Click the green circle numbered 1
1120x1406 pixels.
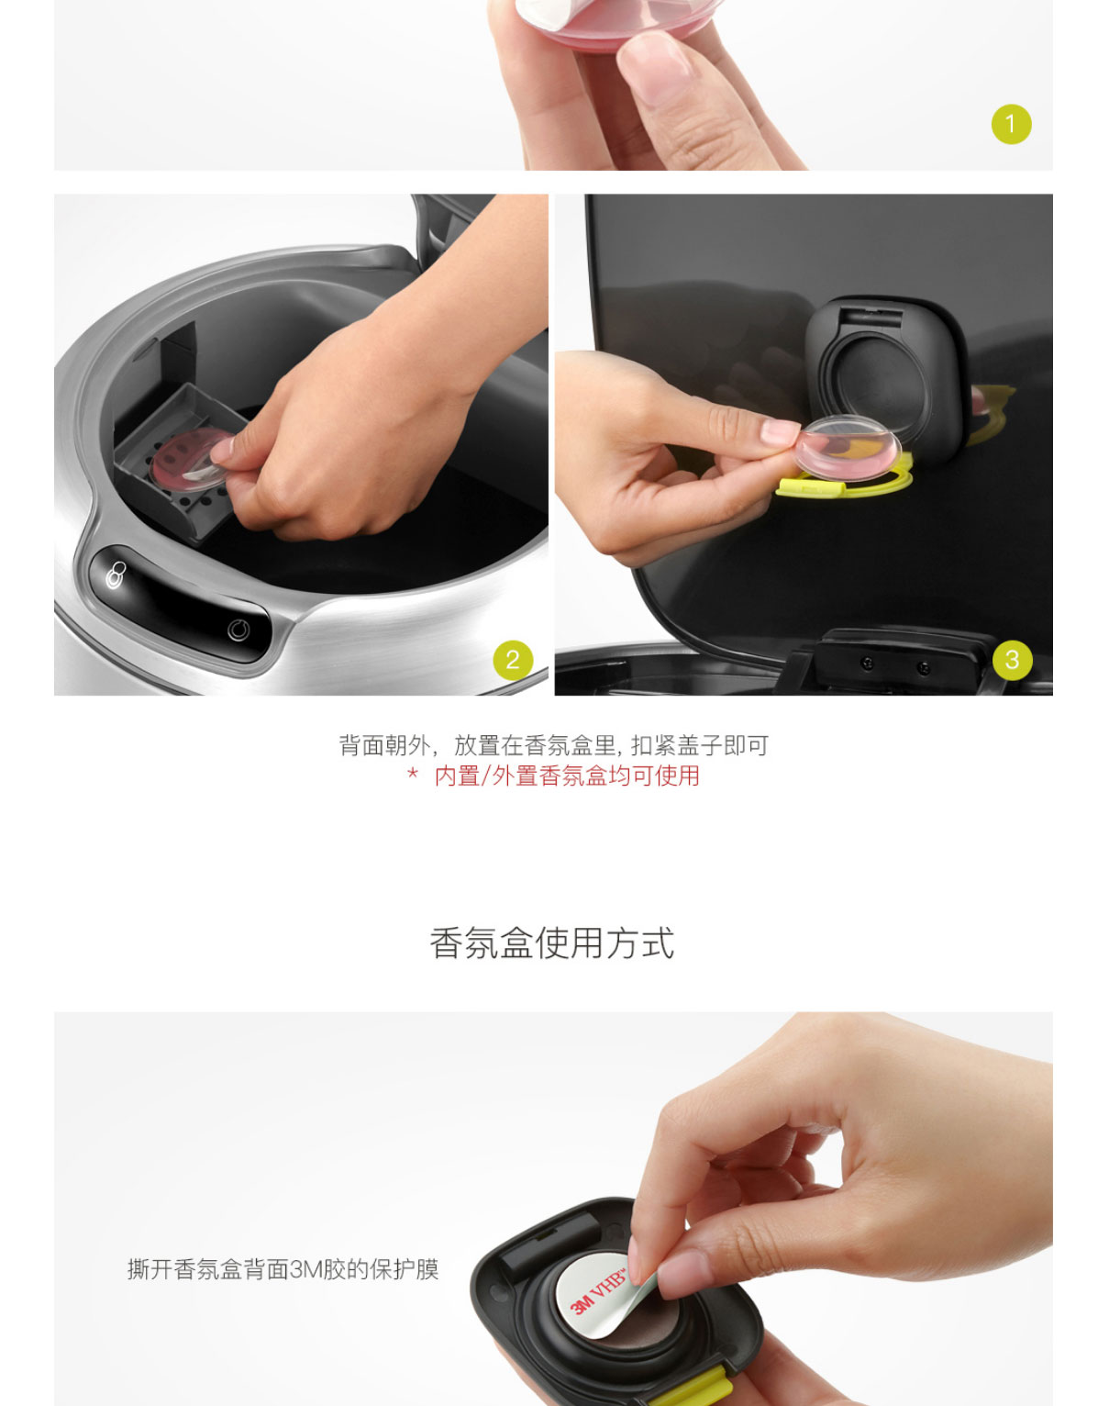[1011, 124]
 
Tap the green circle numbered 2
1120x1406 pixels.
[513, 660]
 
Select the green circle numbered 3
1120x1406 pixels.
[1013, 660]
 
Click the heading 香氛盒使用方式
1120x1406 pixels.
[552, 943]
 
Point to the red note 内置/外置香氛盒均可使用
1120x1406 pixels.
[567, 776]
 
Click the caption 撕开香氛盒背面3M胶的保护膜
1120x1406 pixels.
[283, 1269]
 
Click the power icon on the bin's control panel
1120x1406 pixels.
[238, 630]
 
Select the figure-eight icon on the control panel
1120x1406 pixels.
[116, 575]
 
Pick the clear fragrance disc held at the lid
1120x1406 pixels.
[848, 449]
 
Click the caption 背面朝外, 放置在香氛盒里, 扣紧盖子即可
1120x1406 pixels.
[554, 745]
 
